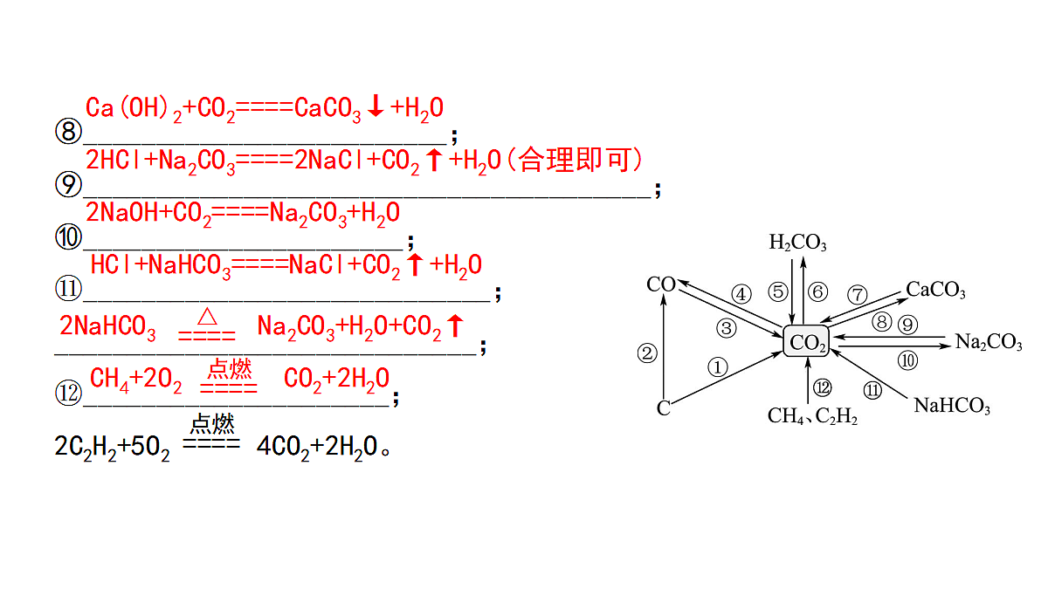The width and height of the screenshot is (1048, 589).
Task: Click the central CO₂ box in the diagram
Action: [806, 341]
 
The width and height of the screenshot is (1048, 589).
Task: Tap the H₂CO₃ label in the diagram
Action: [797, 243]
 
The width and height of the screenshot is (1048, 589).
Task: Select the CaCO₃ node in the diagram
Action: [935, 290]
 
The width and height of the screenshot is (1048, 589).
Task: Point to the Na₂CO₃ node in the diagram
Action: [989, 342]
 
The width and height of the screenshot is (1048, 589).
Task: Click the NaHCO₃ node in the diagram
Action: [952, 405]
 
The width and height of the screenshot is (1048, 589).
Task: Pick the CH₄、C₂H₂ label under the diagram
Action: [813, 415]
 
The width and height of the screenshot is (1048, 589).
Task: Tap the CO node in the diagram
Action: [660, 284]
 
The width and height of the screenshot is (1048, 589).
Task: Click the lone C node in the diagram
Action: [664, 408]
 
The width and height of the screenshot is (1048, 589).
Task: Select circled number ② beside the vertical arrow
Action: [647, 353]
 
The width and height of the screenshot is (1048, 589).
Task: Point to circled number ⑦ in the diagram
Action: [857, 295]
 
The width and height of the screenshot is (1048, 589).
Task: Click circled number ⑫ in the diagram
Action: [822, 387]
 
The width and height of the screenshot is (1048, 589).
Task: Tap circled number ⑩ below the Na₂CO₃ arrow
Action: [907, 360]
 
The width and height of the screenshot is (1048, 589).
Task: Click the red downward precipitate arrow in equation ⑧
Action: [376, 106]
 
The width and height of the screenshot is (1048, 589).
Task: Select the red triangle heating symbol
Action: [207, 317]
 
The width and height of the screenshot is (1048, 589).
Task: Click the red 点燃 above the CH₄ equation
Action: [230, 369]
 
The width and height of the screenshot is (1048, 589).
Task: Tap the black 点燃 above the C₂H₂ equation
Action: [212, 424]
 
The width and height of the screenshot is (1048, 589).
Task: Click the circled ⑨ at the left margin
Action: [68, 184]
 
